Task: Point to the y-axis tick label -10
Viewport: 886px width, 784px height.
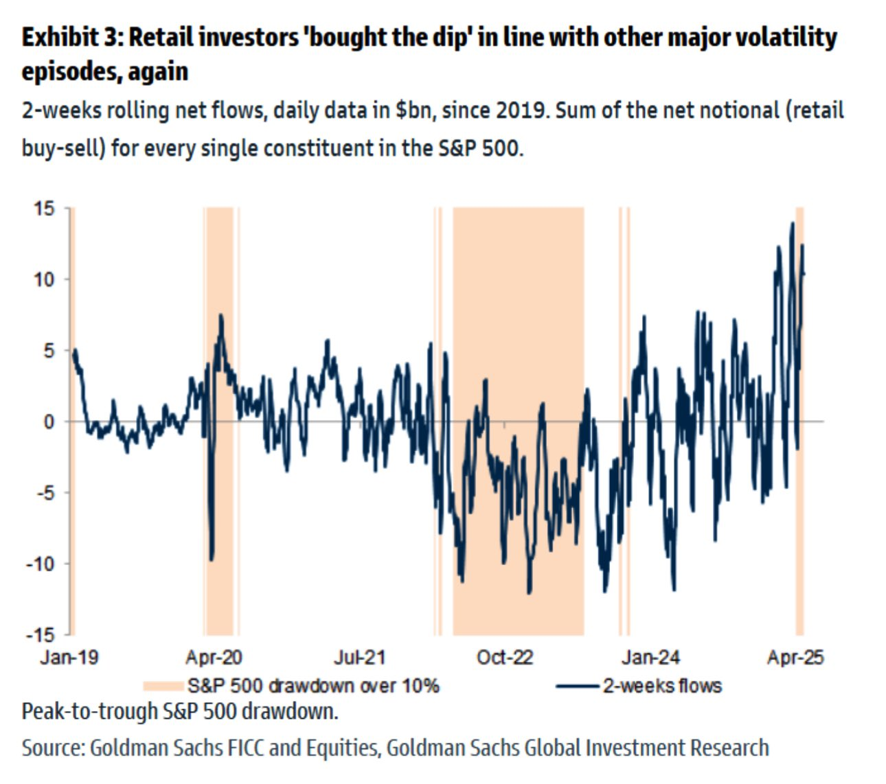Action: pyautogui.click(x=40, y=564)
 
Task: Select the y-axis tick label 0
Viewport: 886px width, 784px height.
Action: pyautogui.click(x=48, y=422)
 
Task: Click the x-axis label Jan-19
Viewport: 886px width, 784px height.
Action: pyautogui.click(x=69, y=658)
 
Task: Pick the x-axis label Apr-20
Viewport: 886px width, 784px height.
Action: pyautogui.click(x=214, y=658)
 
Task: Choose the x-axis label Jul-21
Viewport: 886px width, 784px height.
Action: pyautogui.click(x=359, y=658)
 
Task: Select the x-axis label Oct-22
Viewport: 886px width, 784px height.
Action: pyautogui.click(x=505, y=658)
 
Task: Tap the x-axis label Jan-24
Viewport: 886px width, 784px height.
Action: pyautogui.click(x=650, y=658)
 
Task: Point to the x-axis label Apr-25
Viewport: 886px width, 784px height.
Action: pyautogui.click(x=795, y=658)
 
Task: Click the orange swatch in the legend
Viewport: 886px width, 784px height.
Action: pyautogui.click(x=163, y=686)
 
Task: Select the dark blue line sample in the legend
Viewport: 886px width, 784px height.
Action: pyautogui.click(x=577, y=686)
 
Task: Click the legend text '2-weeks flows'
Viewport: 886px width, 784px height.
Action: pyautogui.click(x=662, y=686)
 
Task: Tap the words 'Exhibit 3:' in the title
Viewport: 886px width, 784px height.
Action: pyautogui.click(x=71, y=38)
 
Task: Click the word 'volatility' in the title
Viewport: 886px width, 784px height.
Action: pyautogui.click(x=782, y=38)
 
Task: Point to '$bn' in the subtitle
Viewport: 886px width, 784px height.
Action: pyautogui.click(x=413, y=110)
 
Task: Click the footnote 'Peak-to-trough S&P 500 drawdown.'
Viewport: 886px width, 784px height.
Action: pyautogui.click(x=180, y=711)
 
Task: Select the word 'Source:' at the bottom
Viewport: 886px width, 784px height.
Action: pyautogui.click(x=52, y=748)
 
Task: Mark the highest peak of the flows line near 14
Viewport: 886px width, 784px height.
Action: pyautogui.click(x=793, y=222)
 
